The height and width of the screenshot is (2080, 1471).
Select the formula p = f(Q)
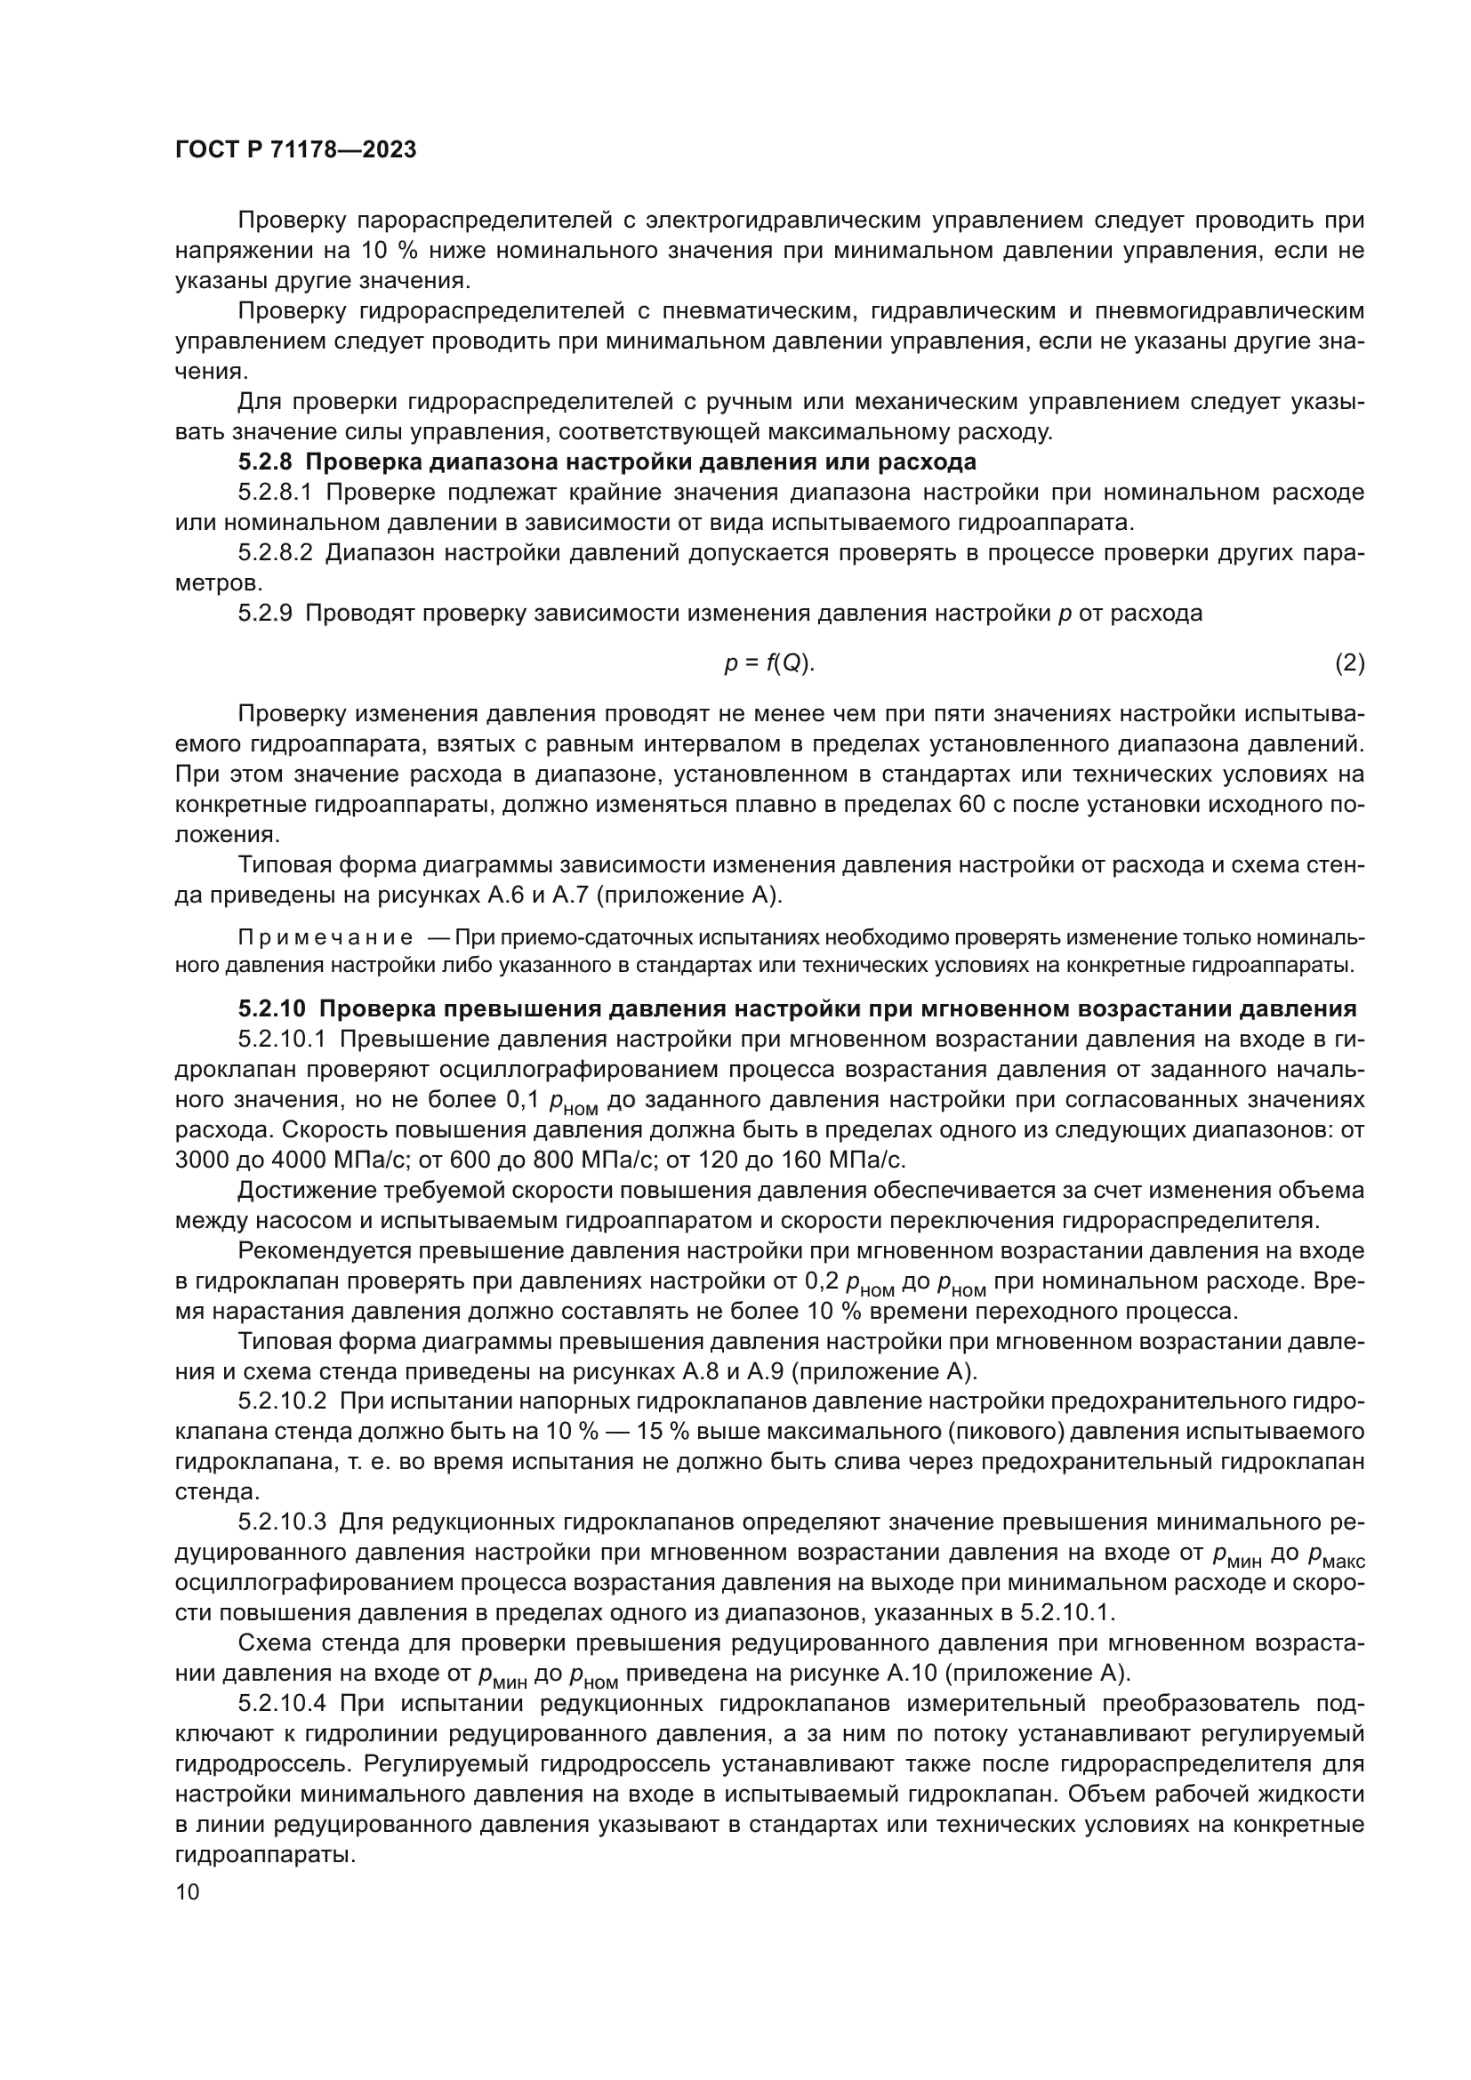769,663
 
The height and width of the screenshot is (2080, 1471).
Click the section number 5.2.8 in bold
264,462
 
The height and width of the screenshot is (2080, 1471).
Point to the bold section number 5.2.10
272,1008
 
